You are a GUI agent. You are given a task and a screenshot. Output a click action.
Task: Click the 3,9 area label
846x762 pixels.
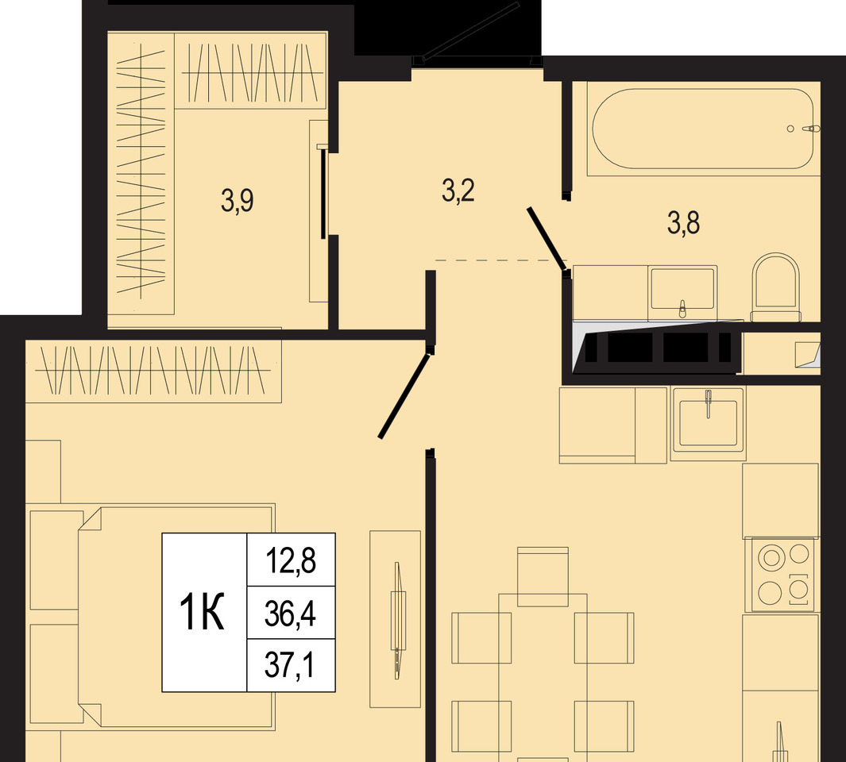point(238,201)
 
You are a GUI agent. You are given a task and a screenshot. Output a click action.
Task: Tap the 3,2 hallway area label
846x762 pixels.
point(458,191)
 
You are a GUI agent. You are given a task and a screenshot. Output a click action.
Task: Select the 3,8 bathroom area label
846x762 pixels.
point(684,222)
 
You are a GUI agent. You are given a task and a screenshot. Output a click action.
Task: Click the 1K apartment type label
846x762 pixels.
point(202,611)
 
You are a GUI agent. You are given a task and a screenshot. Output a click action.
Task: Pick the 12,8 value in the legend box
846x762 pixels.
point(291,560)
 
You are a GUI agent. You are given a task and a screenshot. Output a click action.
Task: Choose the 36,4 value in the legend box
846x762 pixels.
point(290,613)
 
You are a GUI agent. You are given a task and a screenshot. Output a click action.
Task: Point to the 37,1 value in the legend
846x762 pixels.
point(289,665)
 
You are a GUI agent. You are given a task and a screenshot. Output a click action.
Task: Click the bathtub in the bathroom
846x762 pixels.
point(703,129)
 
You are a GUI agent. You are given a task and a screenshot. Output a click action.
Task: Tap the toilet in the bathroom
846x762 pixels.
point(775,287)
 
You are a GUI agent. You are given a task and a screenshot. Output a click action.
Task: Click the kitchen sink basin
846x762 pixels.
point(707,423)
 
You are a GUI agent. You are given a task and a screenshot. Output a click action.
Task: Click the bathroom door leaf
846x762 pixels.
point(547,238)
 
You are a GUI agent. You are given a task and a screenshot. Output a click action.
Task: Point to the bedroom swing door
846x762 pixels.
point(404,395)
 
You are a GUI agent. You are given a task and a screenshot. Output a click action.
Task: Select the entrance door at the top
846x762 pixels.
point(470,31)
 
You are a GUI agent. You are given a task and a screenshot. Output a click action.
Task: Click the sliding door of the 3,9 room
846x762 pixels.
point(323,192)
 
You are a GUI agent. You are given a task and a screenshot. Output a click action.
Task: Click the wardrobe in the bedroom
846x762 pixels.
point(154,371)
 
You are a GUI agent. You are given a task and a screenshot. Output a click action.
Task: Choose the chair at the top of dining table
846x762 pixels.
point(543,576)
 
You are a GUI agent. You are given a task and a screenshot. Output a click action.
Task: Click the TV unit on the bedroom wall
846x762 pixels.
point(395,619)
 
